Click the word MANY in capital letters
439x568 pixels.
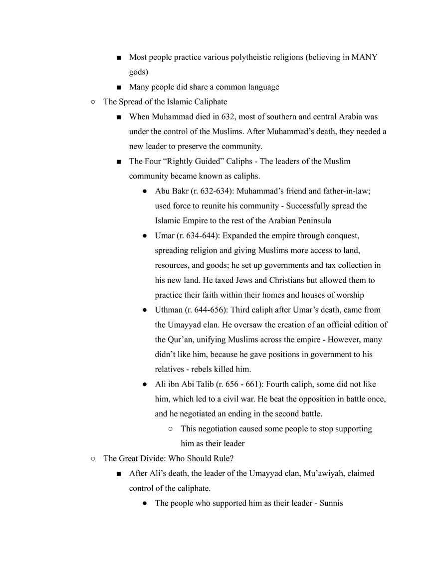364,57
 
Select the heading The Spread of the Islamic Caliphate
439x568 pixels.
165,102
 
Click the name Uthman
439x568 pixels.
169,310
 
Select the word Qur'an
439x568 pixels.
181,340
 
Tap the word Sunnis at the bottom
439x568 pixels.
331,503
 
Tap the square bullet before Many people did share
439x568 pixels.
118,87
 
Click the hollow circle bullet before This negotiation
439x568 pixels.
171,428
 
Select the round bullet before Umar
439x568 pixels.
144,235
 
